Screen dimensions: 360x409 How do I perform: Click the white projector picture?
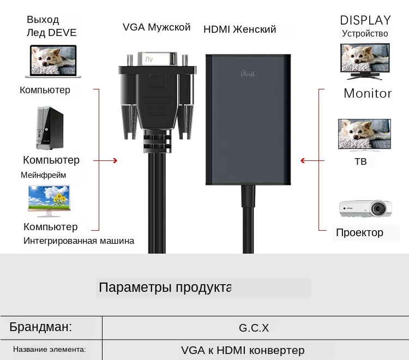pyautogui.click(x=365, y=208)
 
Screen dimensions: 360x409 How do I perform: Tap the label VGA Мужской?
pyautogui.click(x=157, y=27)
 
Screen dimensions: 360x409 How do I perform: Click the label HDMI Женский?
pyautogui.click(x=240, y=29)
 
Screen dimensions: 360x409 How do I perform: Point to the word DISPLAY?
pyautogui.click(x=365, y=20)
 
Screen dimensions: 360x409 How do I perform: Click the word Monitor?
pyautogui.click(x=368, y=93)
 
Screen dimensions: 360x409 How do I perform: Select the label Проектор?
pyautogui.click(x=359, y=232)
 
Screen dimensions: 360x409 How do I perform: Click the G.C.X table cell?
pyautogui.click(x=254, y=328)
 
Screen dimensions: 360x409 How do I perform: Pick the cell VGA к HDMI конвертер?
pyautogui.click(x=243, y=350)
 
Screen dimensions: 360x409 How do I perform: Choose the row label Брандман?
pyautogui.click(x=41, y=327)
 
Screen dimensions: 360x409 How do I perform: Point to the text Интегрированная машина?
pyautogui.click(x=79, y=241)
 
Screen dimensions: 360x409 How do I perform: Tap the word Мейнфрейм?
pyautogui.click(x=44, y=175)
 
